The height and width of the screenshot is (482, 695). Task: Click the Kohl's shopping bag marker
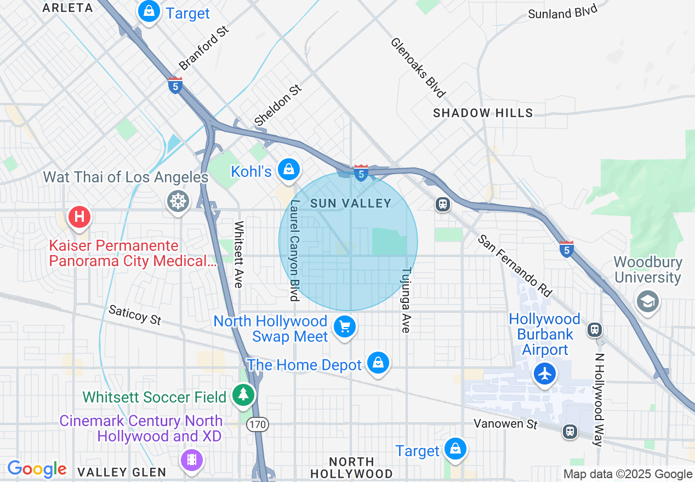(288, 170)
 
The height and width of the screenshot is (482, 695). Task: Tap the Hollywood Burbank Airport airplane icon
(544, 374)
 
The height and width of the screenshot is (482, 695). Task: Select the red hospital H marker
(79, 216)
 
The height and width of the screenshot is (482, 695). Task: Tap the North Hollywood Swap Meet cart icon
(345, 327)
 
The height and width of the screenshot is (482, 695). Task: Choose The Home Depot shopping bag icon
(378, 363)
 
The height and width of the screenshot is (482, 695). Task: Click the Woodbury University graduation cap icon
(648, 301)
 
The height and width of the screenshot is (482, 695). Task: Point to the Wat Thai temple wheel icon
(179, 201)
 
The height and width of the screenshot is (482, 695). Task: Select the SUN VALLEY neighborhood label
(351, 203)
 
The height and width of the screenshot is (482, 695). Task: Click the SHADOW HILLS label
(483, 113)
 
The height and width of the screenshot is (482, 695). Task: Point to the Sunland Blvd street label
(562, 12)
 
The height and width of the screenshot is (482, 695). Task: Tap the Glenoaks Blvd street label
(418, 67)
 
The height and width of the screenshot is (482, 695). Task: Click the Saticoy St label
(135, 315)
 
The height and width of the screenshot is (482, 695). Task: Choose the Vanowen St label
(506, 424)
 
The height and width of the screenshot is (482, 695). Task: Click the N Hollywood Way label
(599, 399)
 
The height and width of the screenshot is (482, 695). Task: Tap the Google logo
(37, 469)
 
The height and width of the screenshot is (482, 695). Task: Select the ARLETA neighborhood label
(67, 8)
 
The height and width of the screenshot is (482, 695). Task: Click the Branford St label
(203, 48)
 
